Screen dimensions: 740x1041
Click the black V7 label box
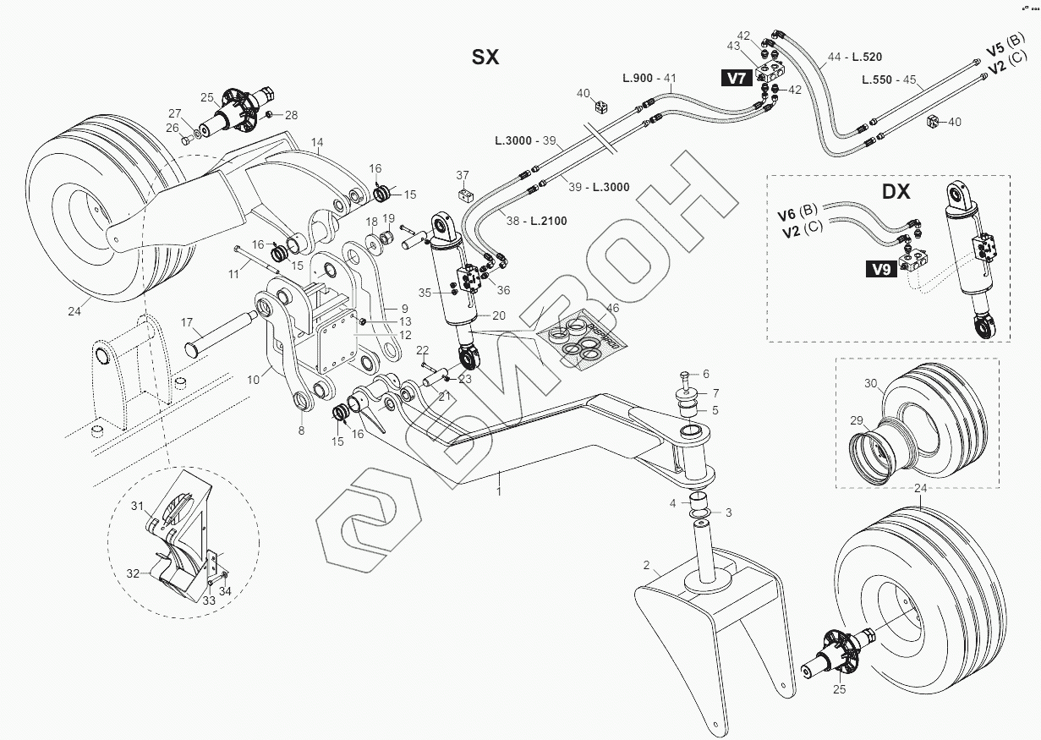point(737,79)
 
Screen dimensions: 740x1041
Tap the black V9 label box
point(881,271)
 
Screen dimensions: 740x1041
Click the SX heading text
point(485,57)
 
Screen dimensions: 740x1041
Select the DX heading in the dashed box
point(896,192)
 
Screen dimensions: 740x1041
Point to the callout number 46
point(613,309)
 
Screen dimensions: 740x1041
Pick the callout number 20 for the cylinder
point(499,315)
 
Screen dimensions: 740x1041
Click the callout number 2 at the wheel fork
point(646,565)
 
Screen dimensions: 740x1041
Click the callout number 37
point(463,175)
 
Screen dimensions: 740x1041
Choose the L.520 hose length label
point(867,57)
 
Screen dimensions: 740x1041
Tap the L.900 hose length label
point(637,78)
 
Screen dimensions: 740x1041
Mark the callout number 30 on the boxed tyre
point(871,383)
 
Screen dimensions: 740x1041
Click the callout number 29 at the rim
point(856,420)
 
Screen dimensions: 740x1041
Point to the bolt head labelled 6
point(686,374)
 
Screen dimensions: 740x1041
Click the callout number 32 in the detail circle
point(133,573)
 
